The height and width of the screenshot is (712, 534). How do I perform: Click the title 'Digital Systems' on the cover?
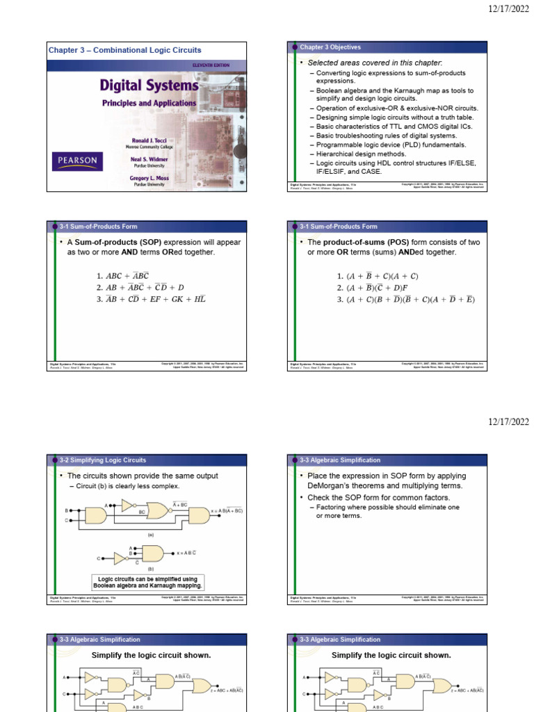click(149, 86)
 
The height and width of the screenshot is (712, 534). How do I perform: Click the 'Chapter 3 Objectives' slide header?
click(330, 47)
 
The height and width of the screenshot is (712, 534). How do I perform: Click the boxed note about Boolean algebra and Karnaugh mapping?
click(147, 582)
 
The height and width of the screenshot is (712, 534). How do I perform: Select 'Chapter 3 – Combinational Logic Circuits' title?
click(124, 50)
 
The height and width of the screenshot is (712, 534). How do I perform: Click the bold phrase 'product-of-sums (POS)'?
click(366, 242)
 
